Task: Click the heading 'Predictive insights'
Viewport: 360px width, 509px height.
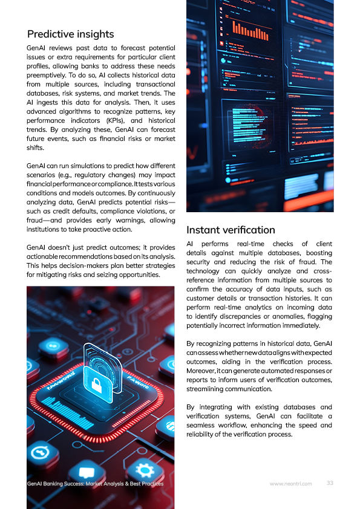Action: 70,34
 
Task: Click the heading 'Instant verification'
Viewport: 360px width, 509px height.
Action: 231,230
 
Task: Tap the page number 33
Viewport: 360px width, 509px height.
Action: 330,483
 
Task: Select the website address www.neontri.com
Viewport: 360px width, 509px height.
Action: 290,484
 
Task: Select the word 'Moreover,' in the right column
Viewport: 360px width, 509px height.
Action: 202,370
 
